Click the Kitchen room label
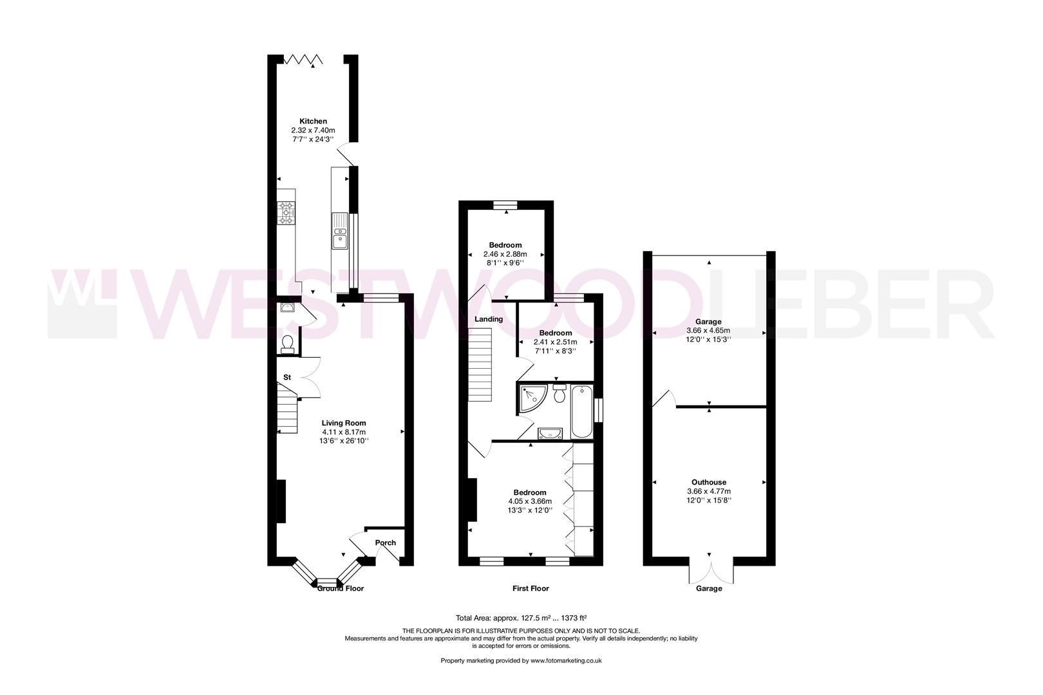[313, 121]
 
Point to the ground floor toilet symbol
[288, 344]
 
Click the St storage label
[287, 377]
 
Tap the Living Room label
[344, 423]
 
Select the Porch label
[386, 542]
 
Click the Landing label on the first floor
[489, 319]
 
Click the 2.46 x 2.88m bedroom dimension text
[505, 254]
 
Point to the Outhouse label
[709, 482]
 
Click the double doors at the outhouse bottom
[711, 569]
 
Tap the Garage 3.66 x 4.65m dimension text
[708, 330]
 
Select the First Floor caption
[531, 588]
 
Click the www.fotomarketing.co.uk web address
[557, 661]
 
